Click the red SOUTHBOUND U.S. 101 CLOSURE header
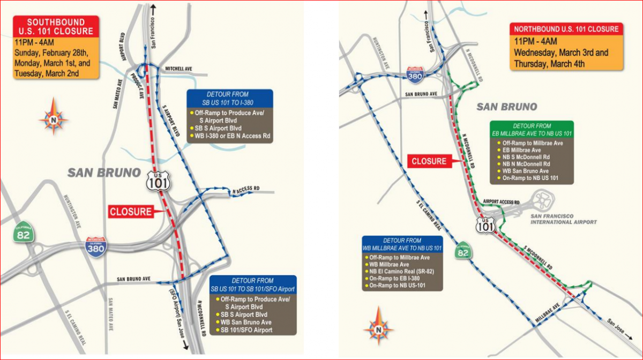[x=56, y=27]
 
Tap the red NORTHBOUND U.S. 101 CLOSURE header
[x=567, y=29]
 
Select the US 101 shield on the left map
[x=159, y=181]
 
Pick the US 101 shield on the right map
[x=485, y=226]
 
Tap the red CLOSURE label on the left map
[x=131, y=212]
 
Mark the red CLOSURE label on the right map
[x=429, y=161]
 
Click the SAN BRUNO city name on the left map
[x=104, y=172]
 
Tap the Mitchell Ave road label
[x=178, y=69]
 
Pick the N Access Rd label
[x=246, y=189]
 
